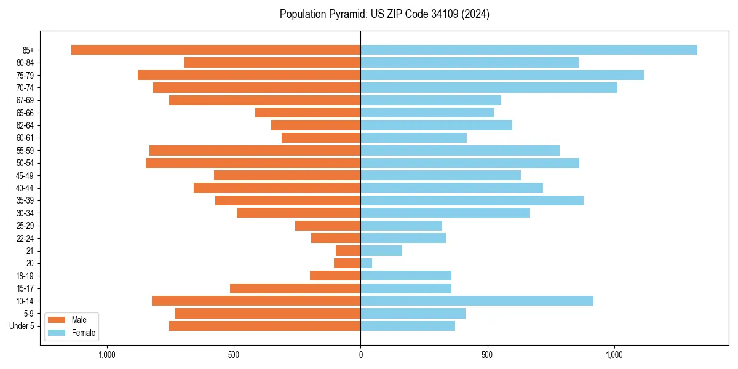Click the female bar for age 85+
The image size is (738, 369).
(529, 50)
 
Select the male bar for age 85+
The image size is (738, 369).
(216, 50)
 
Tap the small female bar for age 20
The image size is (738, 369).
(366, 263)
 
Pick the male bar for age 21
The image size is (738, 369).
(348, 250)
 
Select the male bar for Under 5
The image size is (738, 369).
(264, 326)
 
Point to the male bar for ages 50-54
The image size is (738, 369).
(253, 163)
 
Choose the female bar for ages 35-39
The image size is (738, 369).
(472, 200)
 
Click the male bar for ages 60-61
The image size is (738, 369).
(321, 138)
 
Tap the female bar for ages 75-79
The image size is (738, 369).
(502, 75)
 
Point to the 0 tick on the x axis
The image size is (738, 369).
(360, 355)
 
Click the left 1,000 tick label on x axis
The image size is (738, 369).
(107, 355)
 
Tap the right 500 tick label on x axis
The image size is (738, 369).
(487, 355)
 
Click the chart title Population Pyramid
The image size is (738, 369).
(384, 14)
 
